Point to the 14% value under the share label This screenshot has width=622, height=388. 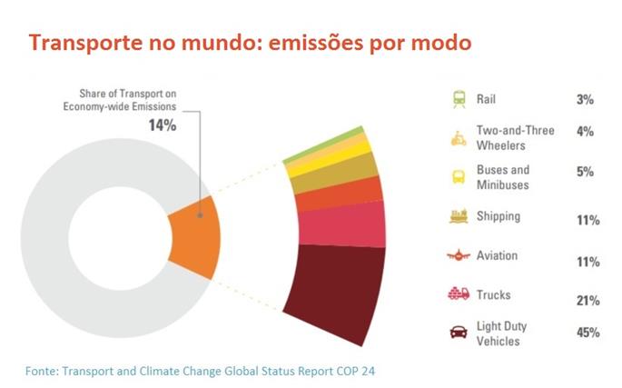click(163, 124)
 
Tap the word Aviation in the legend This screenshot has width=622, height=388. click(497, 255)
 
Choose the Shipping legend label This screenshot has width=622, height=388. click(499, 216)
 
